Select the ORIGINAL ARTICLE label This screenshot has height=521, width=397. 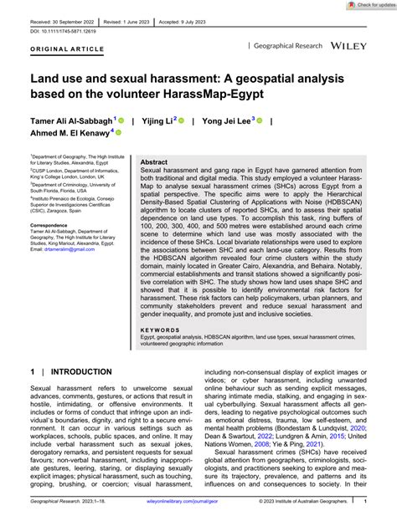pos(56,49)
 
